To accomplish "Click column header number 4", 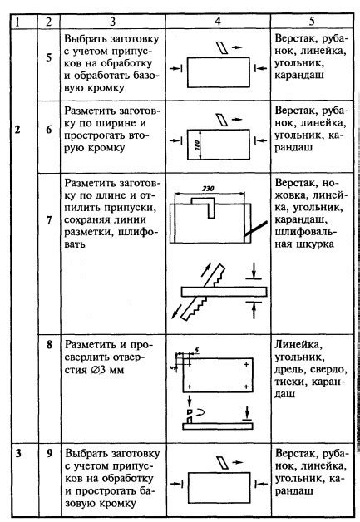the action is coord(218,22).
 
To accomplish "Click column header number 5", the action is coord(312,22).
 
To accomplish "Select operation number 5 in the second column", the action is coord(49,57).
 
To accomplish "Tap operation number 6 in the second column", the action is coord(49,130).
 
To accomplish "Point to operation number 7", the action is coord(49,220).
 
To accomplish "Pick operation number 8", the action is coord(49,344).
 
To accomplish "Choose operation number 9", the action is coord(49,453).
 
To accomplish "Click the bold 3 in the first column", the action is coord(18,453).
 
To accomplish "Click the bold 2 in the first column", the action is coord(17,130).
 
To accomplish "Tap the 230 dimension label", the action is coord(208,189).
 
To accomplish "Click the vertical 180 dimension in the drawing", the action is coord(197,145).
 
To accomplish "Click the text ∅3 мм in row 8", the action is coord(108,370).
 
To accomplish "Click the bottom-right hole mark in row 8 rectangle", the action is coord(246,387).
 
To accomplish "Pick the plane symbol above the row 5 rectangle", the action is coord(223,47).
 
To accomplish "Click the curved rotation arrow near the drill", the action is coord(200,413).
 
